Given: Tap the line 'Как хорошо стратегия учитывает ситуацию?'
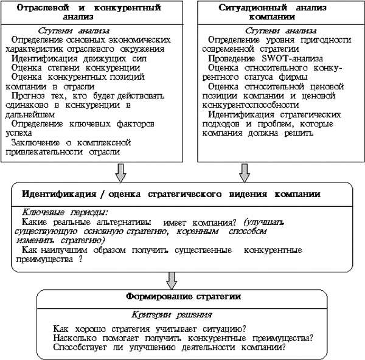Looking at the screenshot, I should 149,329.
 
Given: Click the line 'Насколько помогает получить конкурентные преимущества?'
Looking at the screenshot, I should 183,338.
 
